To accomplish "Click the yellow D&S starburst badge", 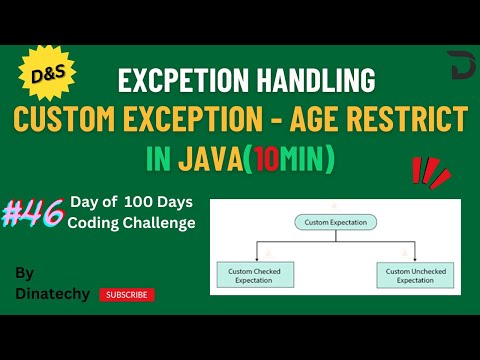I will [43, 75].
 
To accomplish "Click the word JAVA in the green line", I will [210, 161].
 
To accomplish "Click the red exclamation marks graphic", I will [431, 172].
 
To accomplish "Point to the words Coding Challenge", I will [131, 222].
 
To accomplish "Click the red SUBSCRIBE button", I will [127, 294].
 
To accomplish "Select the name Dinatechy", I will [52, 293].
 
